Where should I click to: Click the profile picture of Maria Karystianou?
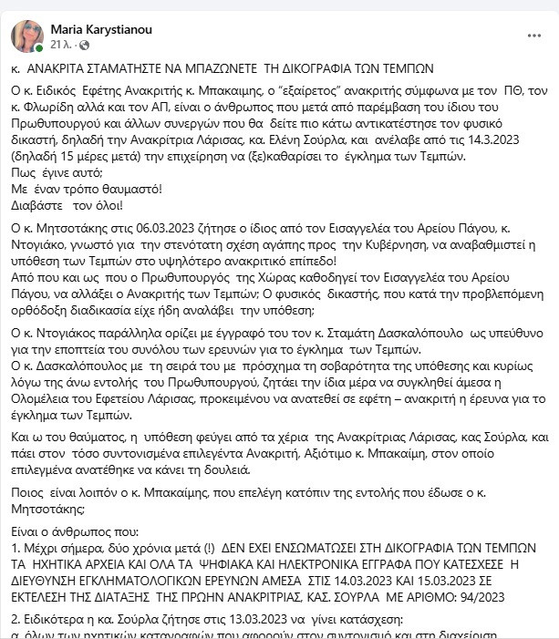pyautogui.click(x=26, y=35)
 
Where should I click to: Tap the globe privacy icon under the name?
pyautogui.click(x=85, y=44)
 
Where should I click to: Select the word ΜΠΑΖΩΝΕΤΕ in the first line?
pyautogui.click(x=247, y=68)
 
